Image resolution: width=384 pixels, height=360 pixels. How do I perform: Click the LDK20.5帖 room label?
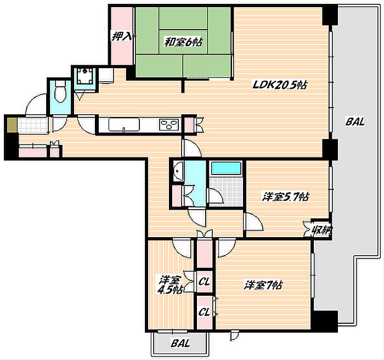[279, 85]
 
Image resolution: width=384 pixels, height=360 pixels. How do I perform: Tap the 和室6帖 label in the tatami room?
[183, 42]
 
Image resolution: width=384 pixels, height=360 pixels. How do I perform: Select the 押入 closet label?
[122, 37]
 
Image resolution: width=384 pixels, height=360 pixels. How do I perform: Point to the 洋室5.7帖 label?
[286, 196]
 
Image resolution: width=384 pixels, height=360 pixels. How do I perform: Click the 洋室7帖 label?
[263, 285]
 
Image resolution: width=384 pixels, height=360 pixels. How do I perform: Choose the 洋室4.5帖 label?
[170, 285]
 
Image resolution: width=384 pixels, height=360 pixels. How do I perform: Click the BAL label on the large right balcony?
[355, 121]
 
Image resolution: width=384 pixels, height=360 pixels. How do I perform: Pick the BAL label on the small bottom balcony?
[180, 343]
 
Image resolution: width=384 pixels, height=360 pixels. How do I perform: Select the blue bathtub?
[226, 168]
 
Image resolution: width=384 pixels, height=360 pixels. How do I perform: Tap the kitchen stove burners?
[169, 124]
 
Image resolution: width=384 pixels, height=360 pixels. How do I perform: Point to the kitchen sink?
[124, 125]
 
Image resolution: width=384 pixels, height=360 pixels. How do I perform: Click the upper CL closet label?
[204, 282]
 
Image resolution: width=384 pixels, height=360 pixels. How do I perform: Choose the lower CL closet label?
[204, 312]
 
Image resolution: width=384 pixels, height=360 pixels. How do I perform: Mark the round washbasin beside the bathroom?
[178, 171]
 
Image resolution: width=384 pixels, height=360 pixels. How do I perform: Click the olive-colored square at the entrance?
[12, 125]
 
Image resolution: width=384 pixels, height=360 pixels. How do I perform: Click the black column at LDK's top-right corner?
[330, 15]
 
